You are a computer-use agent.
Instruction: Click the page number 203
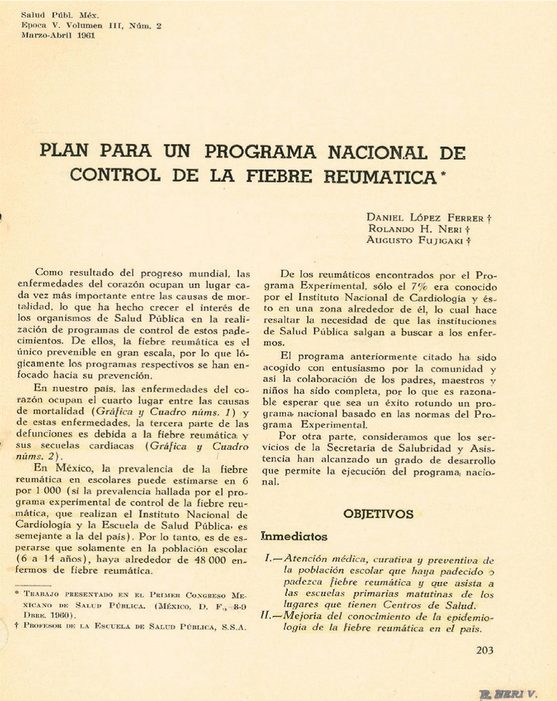point(484,650)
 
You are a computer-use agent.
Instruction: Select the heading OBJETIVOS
point(378,514)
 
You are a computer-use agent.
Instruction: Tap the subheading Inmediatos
point(294,536)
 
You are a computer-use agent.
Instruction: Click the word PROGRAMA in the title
point(260,152)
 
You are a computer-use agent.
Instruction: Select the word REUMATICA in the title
point(380,177)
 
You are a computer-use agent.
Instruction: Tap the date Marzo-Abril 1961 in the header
point(58,35)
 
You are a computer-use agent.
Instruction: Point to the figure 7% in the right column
point(419,287)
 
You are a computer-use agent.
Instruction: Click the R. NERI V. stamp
point(508,694)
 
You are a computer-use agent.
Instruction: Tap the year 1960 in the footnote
point(60,616)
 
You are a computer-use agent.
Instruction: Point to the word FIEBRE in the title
point(280,177)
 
